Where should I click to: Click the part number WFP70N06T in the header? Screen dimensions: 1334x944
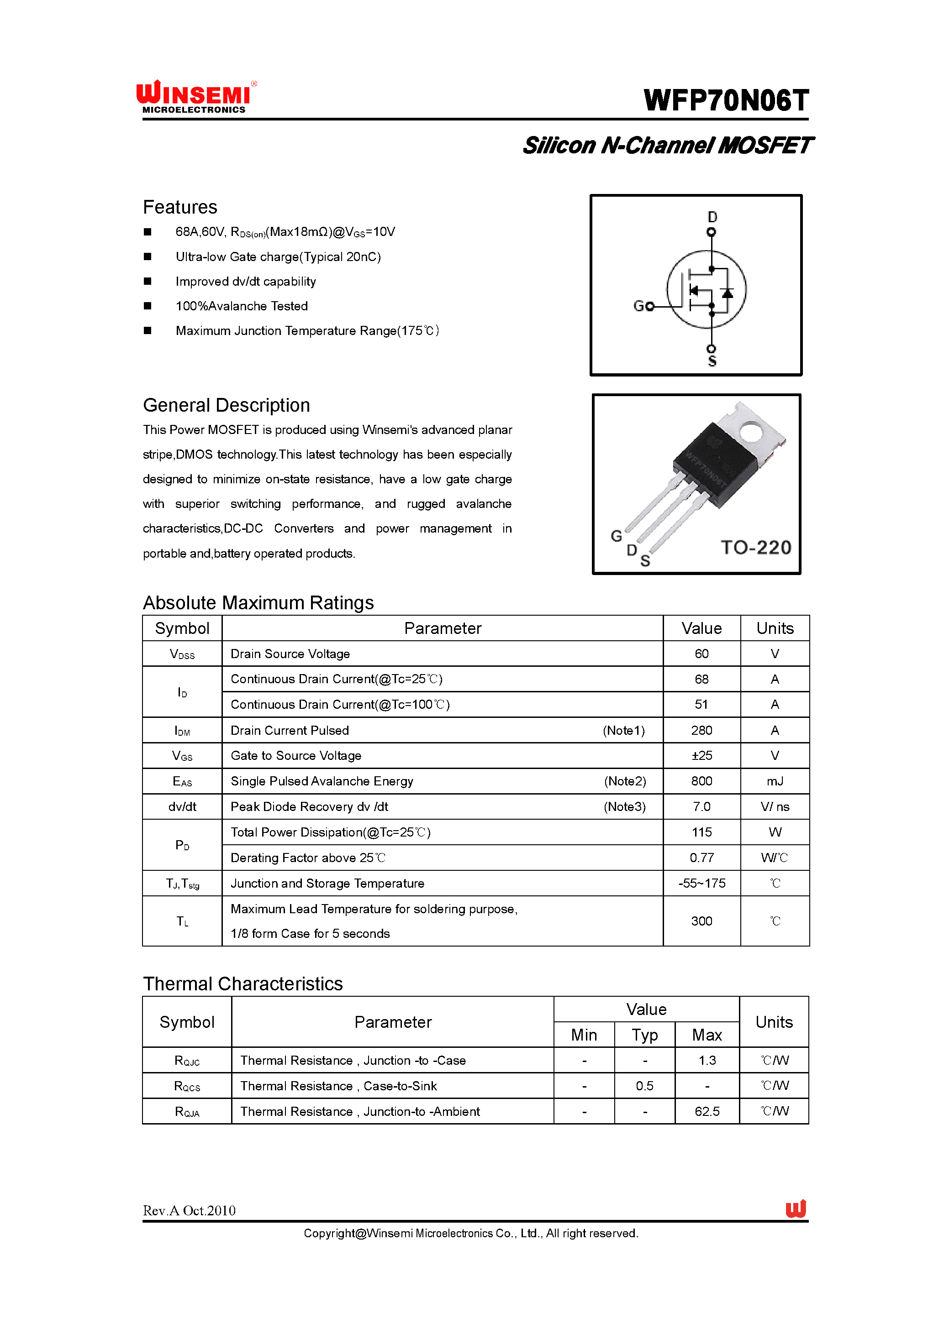click(726, 100)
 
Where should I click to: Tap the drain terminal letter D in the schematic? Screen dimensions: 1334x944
click(712, 217)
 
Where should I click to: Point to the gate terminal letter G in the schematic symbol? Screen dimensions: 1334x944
click(638, 306)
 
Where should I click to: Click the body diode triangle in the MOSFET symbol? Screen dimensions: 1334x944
click(727, 292)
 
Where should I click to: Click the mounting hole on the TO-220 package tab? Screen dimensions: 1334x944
click(750, 432)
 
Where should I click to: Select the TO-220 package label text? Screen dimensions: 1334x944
click(756, 547)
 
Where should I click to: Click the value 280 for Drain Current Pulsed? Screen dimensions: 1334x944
click(701, 730)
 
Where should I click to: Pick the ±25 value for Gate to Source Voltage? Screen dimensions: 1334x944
click(701, 756)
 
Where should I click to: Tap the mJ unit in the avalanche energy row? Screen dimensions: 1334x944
click(774, 781)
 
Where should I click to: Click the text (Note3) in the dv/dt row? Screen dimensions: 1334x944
click(624, 807)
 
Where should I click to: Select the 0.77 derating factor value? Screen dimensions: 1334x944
click(701, 858)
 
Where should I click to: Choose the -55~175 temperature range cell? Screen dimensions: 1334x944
click(701, 884)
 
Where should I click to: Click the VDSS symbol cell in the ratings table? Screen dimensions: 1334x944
click(182, 654)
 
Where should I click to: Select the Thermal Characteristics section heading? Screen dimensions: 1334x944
click(243, 983)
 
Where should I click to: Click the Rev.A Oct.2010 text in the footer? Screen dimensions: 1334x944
click(189, 1211)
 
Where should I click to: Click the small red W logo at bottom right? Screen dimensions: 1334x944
click(795, 1209)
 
